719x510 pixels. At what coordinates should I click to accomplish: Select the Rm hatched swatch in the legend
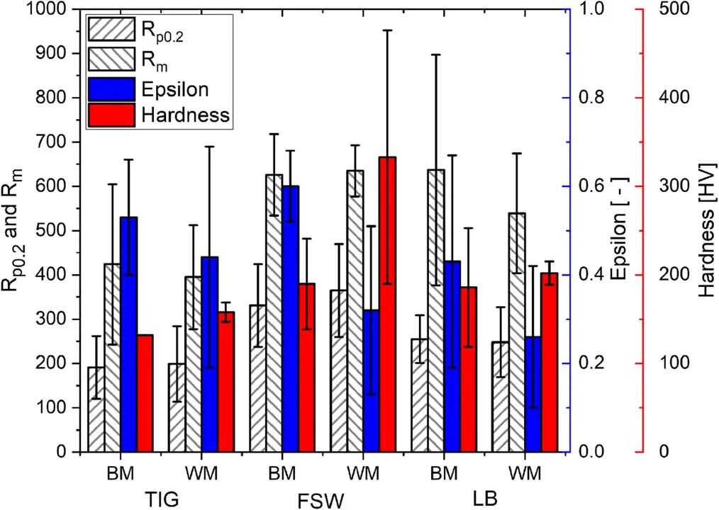[111, 57]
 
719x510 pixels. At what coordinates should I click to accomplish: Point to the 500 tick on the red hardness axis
[674, 10]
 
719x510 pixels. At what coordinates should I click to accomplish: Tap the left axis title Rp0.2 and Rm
[16, 230]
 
